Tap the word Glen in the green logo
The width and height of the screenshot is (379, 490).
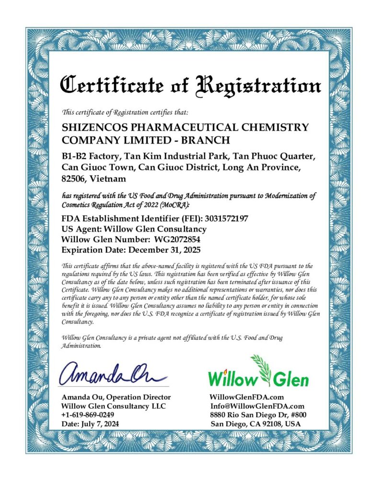click(290, 379)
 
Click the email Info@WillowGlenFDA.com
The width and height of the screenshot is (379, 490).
click(257, 406)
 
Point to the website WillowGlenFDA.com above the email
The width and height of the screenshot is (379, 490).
click(247, 397)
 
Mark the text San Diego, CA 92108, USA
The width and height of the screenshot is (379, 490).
click(256, 424)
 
